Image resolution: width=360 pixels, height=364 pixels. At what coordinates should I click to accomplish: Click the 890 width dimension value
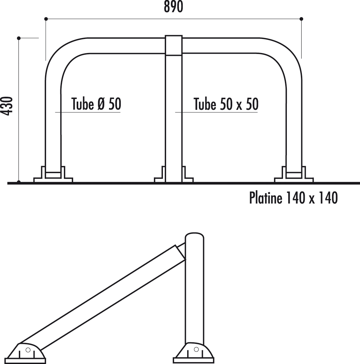(x=173, y=7)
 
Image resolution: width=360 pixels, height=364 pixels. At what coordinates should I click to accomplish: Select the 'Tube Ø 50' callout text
(x=96, y=104)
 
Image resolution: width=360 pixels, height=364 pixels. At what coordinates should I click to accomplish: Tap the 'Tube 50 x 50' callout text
(x=226, y=104)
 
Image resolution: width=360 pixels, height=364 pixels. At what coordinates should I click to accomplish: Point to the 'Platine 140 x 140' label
(x=293, y=198)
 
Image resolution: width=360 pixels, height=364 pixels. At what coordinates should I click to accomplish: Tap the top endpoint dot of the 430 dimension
(x=19, y=38)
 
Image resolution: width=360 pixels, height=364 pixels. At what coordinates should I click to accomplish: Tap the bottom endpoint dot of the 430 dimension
(x=19, y=182)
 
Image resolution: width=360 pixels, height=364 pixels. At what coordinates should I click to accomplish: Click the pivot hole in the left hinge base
(x=28, y=350)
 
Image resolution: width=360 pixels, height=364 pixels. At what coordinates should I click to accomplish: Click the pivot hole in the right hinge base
(x=196, y=348)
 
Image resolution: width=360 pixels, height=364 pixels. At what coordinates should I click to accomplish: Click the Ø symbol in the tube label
(x=99, y=104)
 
